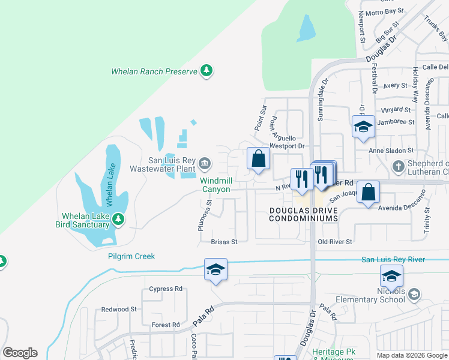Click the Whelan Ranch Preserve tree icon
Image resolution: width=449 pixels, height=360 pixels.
[206, 71]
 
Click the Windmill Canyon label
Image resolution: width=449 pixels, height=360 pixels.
[215, 185]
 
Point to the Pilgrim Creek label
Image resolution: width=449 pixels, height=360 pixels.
[131, 256]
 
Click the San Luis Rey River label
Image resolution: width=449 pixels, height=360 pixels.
[393, 259]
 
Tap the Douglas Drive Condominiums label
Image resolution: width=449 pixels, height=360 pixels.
[303, 215]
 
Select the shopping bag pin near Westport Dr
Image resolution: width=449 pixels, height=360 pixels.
[258, 160]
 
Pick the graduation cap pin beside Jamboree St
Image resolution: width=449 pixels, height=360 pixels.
[363, 127]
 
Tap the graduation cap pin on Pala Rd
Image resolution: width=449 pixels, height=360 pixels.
[215, 270]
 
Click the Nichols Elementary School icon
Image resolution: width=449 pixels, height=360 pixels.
[414, 294]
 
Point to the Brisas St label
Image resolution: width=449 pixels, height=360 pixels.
[224, 242]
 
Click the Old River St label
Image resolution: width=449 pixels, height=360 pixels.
[334, 241]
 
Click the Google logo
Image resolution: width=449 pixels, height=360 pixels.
[20, 353]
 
